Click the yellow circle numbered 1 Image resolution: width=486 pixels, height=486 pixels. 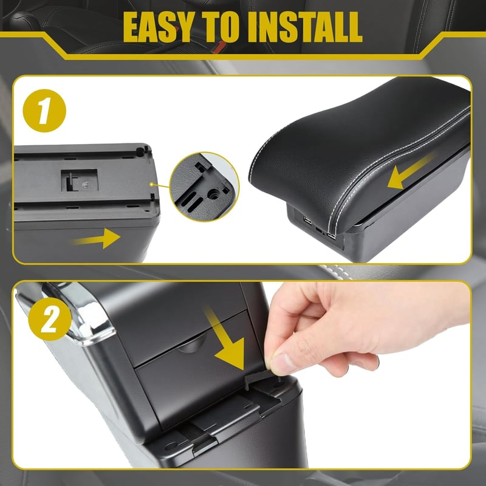44,111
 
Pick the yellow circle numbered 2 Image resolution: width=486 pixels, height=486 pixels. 50,319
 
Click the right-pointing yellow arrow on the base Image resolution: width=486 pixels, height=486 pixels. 96,238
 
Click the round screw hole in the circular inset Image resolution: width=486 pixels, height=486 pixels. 212,194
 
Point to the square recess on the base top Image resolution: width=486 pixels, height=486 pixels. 80,180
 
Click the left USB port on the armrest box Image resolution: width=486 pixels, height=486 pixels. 308,221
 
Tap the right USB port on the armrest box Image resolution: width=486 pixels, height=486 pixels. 331,236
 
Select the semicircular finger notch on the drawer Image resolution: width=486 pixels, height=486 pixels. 193,344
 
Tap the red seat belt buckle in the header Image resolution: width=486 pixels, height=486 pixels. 220,47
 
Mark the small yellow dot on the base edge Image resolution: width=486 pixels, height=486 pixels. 151,184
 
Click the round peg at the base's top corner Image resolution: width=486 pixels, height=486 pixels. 140,152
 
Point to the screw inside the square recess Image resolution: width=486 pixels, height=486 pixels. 85,185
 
